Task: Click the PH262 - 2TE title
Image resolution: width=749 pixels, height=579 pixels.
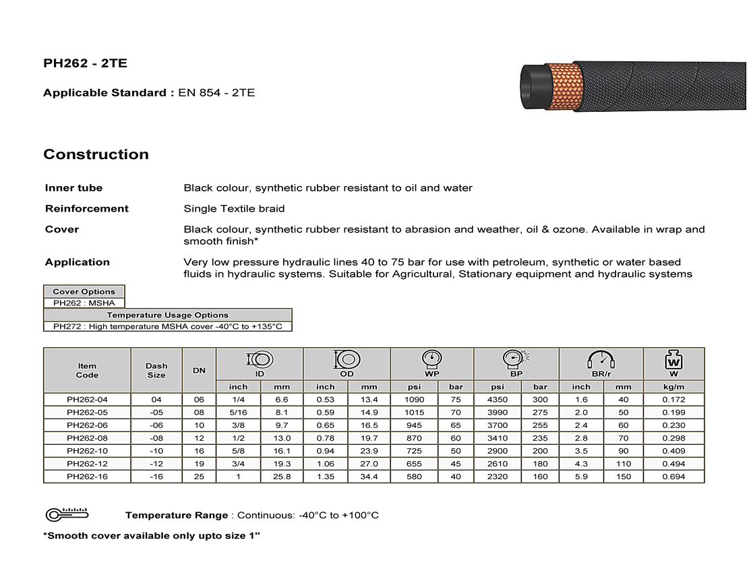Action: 85,64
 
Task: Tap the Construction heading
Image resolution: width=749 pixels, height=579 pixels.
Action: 96,154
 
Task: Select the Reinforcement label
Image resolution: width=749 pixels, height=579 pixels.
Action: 86,209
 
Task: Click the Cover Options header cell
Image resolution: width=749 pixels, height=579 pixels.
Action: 84,292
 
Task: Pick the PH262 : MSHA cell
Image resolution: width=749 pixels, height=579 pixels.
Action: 84,303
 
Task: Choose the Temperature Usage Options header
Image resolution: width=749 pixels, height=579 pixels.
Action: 168,315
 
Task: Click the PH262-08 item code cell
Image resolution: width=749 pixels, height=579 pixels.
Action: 87,438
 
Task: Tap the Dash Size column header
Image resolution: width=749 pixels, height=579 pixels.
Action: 156,371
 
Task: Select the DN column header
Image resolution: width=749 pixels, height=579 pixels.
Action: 199,371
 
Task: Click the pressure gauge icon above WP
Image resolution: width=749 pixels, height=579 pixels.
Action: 431,360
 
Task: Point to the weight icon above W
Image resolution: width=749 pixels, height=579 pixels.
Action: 673,360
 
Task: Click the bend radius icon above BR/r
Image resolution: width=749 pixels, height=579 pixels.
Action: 601,360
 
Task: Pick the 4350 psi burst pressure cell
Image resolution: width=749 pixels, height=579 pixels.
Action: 497,400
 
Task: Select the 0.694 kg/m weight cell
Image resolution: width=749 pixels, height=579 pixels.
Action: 673,477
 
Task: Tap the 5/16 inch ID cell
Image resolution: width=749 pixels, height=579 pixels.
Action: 238,413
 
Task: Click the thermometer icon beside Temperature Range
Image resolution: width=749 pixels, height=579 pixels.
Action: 65,515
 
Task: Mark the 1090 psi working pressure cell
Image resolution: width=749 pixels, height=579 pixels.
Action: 414,400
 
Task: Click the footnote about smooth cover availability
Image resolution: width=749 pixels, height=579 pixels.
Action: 151,536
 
